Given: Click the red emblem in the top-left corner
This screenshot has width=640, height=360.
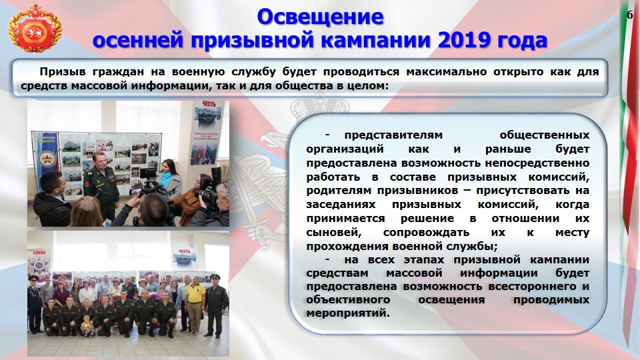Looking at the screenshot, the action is point(35,29).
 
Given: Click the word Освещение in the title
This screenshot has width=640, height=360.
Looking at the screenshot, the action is point(321,17).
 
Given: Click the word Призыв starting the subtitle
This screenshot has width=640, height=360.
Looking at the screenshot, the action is point(63,72).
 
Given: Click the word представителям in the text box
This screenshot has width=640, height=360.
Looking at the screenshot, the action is point(393,135).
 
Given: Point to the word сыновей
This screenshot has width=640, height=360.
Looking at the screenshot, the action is point(334,233).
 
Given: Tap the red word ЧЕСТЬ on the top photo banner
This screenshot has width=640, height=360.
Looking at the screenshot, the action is point(209,105).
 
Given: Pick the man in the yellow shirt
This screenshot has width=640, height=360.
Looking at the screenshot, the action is point(195,304).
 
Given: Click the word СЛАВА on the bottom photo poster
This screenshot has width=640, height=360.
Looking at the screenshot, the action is point(39,252).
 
